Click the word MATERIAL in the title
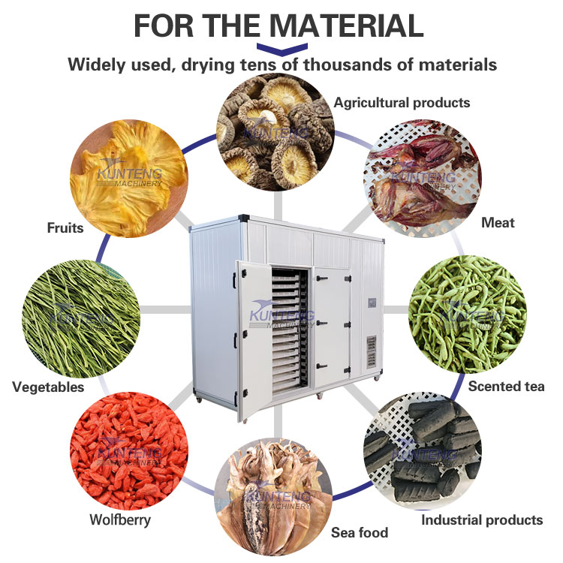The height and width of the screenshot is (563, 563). [346, 25]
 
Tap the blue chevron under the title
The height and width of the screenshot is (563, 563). [281, 49]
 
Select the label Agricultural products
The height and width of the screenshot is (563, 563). [402, 102]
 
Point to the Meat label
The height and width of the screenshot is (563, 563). [498, 222]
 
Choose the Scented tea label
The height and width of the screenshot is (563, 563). [506, 386]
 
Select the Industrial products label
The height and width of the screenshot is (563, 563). [481, 519]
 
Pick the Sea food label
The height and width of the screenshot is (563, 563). [360, 532]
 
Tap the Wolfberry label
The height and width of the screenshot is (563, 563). [120, 519]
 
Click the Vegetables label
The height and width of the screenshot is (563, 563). [48, 387]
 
